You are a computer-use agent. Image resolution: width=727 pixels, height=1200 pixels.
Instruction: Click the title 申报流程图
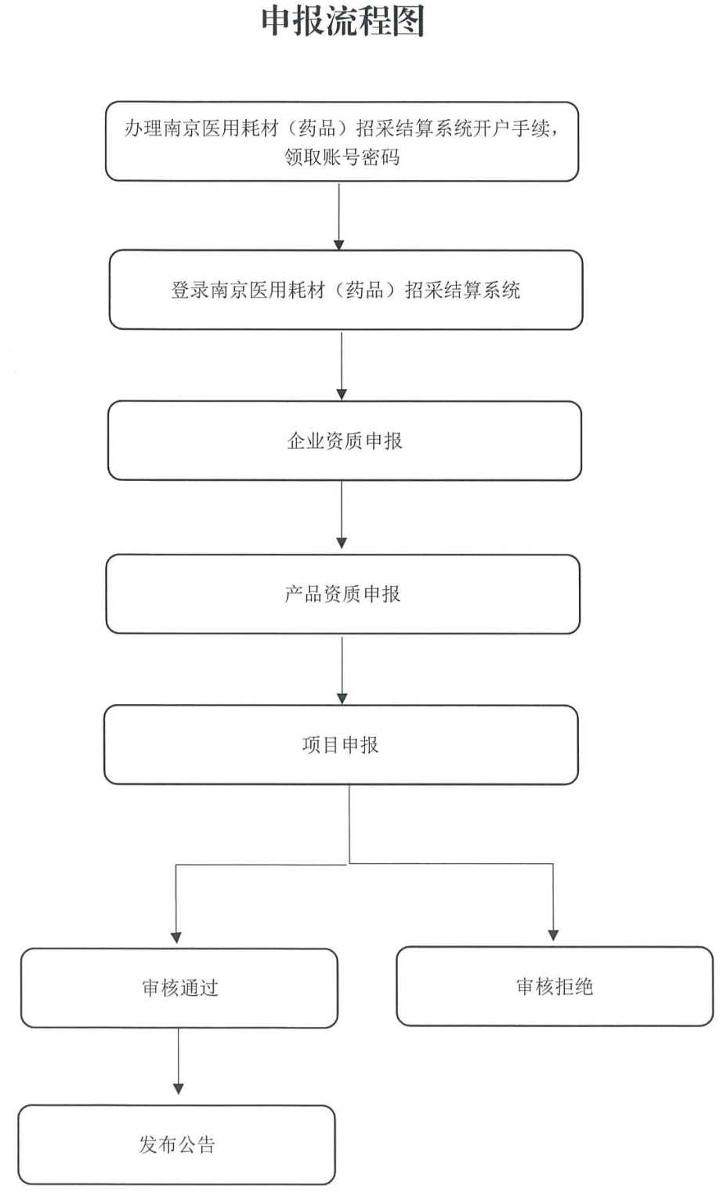[x=342, y=20]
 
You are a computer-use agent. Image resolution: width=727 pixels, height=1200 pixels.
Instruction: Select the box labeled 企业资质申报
[x=345, y=441]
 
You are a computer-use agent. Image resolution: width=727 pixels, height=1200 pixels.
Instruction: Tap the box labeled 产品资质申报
[x=343, y=594]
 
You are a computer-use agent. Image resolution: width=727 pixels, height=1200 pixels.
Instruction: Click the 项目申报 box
[x=341, y=745]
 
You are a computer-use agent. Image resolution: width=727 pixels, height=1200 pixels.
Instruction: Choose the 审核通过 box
[x=179, y=988]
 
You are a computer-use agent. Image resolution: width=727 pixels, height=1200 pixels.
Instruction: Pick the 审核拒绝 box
[x=555, y=986]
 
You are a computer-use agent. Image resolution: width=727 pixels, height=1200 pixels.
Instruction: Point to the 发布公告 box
[x=177, y=1144]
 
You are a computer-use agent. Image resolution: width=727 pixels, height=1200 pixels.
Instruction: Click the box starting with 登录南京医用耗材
[x=345, y=290]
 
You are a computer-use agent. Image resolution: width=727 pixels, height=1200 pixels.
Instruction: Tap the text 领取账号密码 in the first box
[x=342, y=157]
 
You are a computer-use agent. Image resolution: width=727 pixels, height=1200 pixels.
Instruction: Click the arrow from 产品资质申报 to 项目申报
[x=342, y=668]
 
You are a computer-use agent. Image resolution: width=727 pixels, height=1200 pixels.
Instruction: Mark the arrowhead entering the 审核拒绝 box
[x=553, y=934]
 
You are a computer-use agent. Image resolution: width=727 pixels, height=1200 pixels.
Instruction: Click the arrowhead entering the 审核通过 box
[x=176, y=937]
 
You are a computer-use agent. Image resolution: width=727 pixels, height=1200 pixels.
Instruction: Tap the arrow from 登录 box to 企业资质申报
[x=342, y=363]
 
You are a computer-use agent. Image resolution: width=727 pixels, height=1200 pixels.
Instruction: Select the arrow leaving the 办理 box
[x=339, y=215]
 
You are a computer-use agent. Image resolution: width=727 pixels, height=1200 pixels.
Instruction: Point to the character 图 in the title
[x=408, y=20]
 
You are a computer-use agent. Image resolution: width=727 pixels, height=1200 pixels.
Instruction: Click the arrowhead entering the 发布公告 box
[x=179, y=1088]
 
